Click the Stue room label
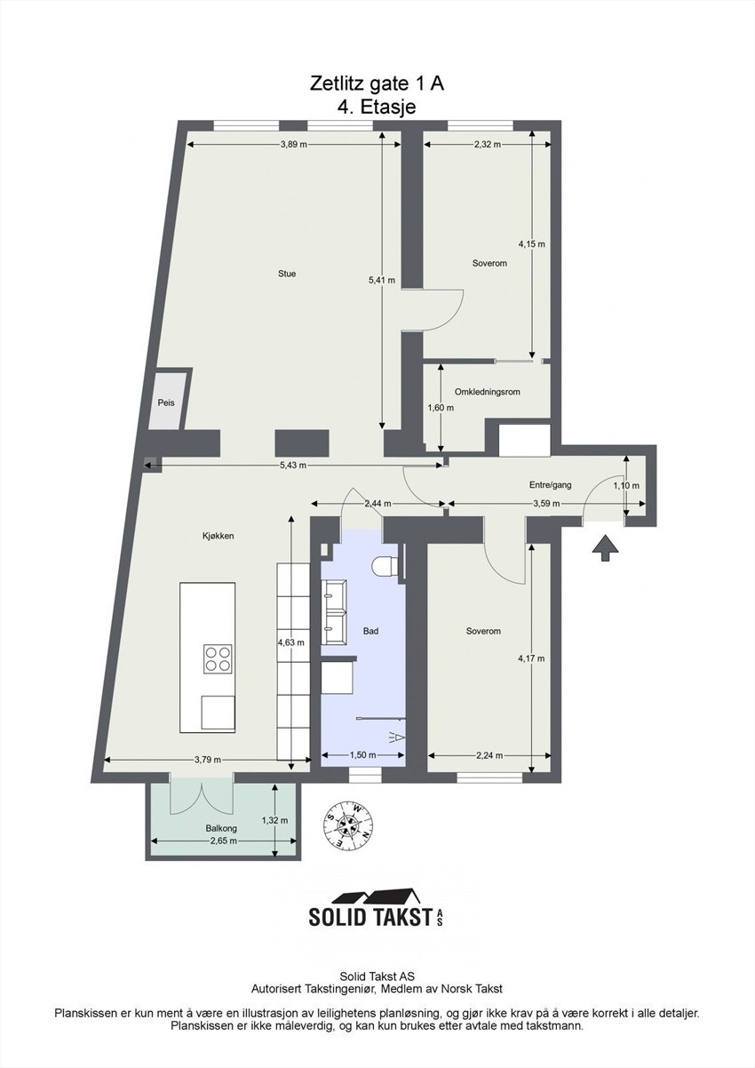(x=286, y=274)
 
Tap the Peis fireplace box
(x=166, y=402)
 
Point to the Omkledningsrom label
(x=487, y=392)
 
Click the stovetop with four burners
(x=219, y=658)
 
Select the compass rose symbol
(x=348, y=825)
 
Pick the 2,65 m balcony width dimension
(x=223, y=841)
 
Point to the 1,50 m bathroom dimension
(x=362, y=754)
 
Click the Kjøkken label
(x=218, y=536)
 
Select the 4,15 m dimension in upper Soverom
(x=531, y=243)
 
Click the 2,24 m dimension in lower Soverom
(x=489, y=756)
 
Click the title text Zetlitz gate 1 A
(x=377, y=84)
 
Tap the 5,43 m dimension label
(x=293, y=466)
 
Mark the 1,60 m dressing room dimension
(x=441, y=408)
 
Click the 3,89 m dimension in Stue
(x=293, y=144)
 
